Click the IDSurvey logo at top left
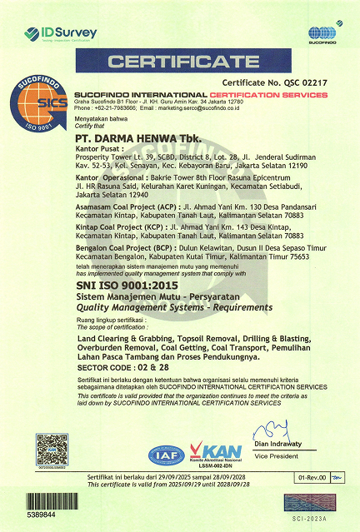[x=60, y=32]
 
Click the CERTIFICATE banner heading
[x=179, y=62]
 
